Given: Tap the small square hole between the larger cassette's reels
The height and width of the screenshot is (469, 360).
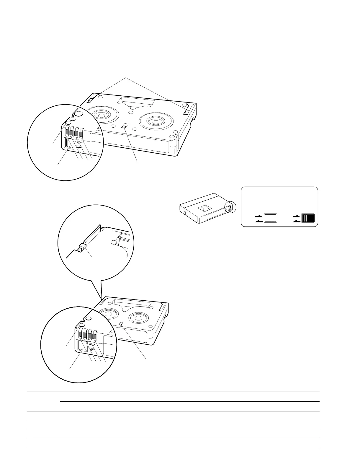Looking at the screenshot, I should tap(125, 126).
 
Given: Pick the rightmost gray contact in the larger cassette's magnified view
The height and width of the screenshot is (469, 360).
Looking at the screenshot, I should tap(81, 134).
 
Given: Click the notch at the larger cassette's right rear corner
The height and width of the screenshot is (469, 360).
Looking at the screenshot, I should tap(187, 112).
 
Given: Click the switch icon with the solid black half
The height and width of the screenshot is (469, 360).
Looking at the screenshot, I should tap(307, 218).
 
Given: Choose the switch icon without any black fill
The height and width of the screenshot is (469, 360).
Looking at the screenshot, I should tap(271, 218).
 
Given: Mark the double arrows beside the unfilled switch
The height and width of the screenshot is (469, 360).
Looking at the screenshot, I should tap(258, 219).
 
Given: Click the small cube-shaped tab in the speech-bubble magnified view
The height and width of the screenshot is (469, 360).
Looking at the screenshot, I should tap(82, 245).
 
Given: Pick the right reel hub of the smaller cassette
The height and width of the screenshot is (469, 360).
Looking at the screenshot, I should tap(136, 317).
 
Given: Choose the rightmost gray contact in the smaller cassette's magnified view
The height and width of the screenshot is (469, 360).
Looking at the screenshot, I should tap(94, 336).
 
